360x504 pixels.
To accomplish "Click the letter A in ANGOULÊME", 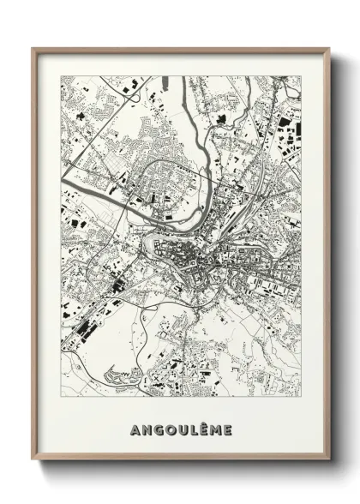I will [x=135, y=429].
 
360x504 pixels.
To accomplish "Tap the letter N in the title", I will [x=147, y=429].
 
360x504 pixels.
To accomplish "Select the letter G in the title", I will [x=159, y=429].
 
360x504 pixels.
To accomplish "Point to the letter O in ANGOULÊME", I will [x=171, y=429].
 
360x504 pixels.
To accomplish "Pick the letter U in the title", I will [x=184, y=429].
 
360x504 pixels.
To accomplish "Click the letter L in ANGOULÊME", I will [x=195, y=429].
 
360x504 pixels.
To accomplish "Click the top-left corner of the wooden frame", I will [x=33, y=48].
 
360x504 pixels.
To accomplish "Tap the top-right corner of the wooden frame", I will [x=330, y=48].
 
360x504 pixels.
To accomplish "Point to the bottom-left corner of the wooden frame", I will [x=33, y=460].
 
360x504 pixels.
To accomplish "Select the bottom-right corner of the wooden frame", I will [x=330, y=460].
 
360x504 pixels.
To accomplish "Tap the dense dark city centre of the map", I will [x=193, y=257].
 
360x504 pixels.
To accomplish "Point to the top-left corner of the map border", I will [x=61, y=75].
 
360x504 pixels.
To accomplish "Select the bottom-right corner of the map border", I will [x=301, y=397].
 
